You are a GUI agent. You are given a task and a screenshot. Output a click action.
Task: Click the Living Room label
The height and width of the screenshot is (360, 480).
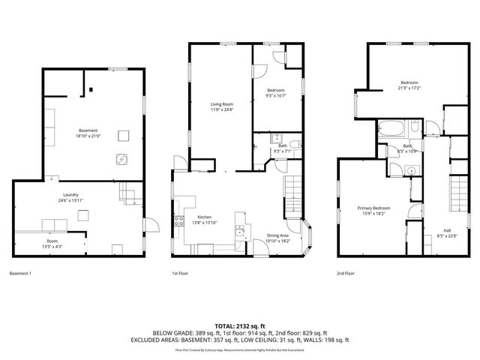(x=222, y=104)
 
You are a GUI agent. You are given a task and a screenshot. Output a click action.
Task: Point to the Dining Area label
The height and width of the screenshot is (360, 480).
(x=278, y=236)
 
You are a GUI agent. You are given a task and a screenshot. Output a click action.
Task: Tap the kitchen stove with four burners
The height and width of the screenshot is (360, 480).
(x=179, y=220)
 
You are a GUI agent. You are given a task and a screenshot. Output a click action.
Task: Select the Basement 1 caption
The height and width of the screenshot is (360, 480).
(x=20, y=274)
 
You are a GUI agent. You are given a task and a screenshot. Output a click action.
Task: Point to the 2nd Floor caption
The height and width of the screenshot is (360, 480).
(x=346, y=274)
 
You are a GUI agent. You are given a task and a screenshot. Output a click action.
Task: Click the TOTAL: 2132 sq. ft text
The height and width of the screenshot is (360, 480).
(x=240, y=325)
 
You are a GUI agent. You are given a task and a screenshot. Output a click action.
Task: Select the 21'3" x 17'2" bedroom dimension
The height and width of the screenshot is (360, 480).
(x=409, y=88)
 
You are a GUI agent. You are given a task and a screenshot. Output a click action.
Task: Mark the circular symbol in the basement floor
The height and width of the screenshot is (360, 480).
(x=119, y=158)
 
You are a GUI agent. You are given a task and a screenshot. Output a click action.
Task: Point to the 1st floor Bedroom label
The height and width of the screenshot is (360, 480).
(x=275, y=90)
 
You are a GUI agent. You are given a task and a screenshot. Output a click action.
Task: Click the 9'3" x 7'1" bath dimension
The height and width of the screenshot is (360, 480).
(x=282, y=151)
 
